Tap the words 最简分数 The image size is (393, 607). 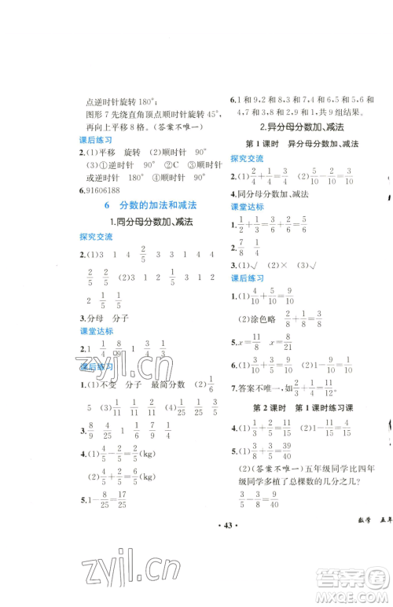[x=170, y=384]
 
